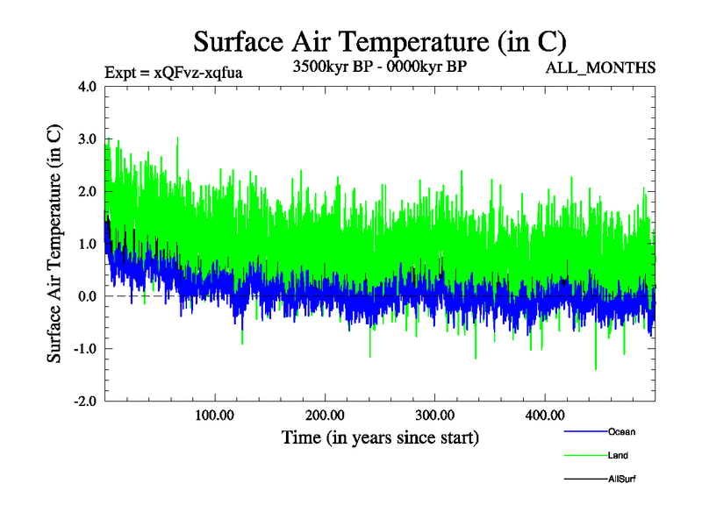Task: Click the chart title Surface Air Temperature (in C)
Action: pyautogui.click(x=379, y=41)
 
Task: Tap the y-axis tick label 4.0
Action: pyautogui.click(x=88, y=87)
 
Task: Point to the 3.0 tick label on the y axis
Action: pyautogui.click(x=88, y=139)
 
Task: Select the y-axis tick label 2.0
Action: pyautogui.click(x=88, y=191)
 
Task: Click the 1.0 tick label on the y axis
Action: pyautogui.click(x=88, y=244)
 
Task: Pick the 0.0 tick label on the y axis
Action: pyautogui.click(x=88, y=296)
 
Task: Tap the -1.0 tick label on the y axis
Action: pyautogui.click(x=85, y=348)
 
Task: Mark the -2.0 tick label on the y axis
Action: pyautogui.click(x=85, y=401)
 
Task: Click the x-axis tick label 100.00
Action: pyautogui.click(x=215, y=415)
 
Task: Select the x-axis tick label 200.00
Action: pyautogui.click(x=325, y=415)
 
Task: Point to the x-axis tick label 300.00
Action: pyautogui.click(x=434, y=415)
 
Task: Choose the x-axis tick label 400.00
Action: pyautogui.click(x=544, y=415)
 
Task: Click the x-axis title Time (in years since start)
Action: pyautogui.click(x=380, y=437)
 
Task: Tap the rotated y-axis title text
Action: pyautogui.click(x=54, y=244)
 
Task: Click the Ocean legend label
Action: pyautogui.click(x=621, y=432)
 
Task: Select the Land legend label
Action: pyautogui.click(x=618, y=456)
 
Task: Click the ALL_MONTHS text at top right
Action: pyautogui.click(x=600, y=68)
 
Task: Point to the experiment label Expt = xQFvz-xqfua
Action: pyautogui.click(x=173, y=73)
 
